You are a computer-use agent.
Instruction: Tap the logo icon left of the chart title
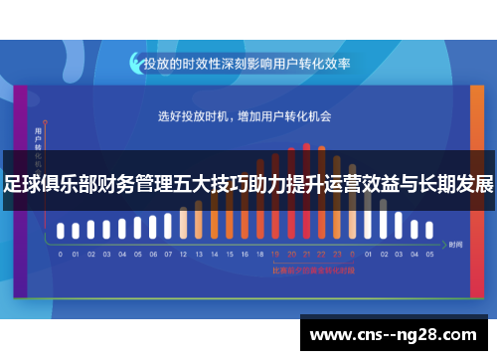click(x=135, y=62)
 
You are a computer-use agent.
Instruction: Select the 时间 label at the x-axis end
click(x=455, y=244)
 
